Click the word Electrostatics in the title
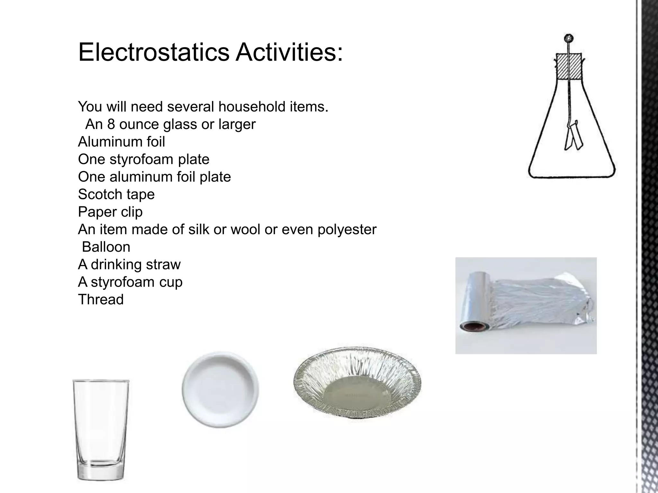coord(154,52)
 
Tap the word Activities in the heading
coord(289,52)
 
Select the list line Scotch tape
coord(116,195)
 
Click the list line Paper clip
coord(110,212)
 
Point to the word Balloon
coord(106,247)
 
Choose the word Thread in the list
coord(101,300)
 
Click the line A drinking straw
coord(129,265)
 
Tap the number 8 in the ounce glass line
coord(111,125)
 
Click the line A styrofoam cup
coord(130,282)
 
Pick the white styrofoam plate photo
coord(220,389)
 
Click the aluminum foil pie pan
coord(357,384)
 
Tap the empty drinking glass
coord(101,427)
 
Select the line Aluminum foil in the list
coord(121,142)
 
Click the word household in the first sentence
coord(252,107)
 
